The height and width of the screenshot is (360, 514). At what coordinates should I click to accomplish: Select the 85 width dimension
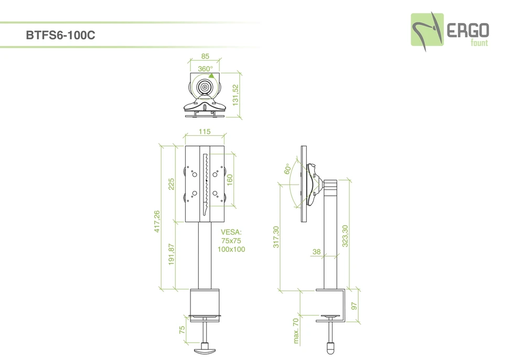[205, 56]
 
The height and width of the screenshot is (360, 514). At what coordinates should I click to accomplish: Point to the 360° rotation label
[205, 69]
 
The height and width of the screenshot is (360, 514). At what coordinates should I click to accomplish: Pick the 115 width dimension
[205, 132]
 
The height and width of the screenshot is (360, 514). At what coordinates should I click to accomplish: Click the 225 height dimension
[171, 184]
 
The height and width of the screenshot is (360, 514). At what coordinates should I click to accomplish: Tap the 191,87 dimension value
[171, 255]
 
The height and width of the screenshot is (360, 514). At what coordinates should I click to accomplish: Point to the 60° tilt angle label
[287, 169]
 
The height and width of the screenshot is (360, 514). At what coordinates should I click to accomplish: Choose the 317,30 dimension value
[276, 237]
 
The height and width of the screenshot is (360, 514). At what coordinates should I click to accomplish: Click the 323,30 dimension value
[345, 236]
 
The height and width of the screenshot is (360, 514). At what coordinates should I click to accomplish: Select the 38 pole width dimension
[316, 252]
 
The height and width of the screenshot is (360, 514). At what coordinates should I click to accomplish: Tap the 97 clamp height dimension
[354, 305]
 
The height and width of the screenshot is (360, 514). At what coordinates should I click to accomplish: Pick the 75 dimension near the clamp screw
[182, 330]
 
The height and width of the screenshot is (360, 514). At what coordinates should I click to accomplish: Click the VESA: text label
[231, 232]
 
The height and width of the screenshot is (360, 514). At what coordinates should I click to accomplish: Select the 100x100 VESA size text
[231, 249]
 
